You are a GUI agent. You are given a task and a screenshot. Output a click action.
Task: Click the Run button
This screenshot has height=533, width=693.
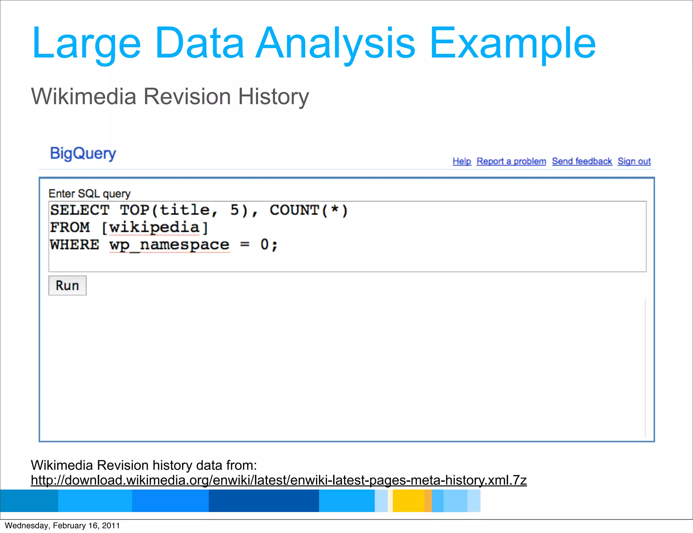coord(67,285)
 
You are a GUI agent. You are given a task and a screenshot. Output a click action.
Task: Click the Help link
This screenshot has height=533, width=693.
coord(462,161)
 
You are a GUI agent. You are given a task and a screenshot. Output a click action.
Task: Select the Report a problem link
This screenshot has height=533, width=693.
coord(511,161)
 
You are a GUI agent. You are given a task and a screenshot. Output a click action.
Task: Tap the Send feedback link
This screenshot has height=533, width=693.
coord(582,161)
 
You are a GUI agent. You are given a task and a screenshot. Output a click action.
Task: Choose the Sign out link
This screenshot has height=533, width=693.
coord(634,161)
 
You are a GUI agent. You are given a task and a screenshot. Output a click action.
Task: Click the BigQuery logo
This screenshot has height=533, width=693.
coord(83,154)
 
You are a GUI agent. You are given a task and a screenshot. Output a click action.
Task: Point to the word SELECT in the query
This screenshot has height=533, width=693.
coord(80,210)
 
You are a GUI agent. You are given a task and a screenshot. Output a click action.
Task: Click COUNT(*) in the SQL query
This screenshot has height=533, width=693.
coord(309,210)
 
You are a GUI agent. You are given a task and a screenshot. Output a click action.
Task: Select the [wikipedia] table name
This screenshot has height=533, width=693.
coord(155,227)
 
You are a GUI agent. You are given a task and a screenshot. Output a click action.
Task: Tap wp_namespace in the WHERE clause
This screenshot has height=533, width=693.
coord(169,245)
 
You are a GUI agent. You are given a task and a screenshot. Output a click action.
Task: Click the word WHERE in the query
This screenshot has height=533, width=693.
coord(74,245)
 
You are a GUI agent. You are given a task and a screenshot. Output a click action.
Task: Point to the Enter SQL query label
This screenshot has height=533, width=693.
coord(89,193)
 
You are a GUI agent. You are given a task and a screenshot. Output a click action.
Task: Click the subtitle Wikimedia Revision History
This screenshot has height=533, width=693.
coord(170,97)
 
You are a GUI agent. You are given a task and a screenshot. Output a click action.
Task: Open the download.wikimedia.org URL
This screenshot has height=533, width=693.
coord(278,480)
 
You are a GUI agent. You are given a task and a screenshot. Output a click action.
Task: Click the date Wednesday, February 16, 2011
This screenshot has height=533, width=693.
coord(62,526)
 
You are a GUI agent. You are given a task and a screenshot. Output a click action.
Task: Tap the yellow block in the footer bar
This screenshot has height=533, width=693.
coord(408,501)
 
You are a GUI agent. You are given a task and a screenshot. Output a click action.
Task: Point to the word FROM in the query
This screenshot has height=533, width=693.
coord(70,227)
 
